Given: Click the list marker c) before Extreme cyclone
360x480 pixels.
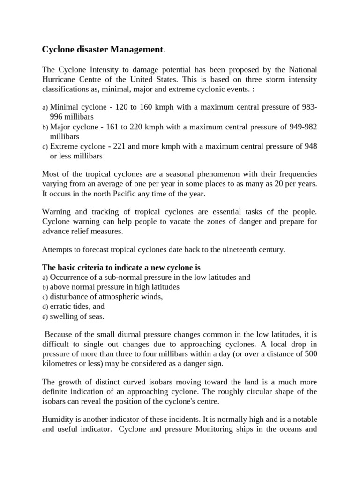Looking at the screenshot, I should (45, 147).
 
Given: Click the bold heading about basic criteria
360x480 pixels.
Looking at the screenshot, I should (121, 268).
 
